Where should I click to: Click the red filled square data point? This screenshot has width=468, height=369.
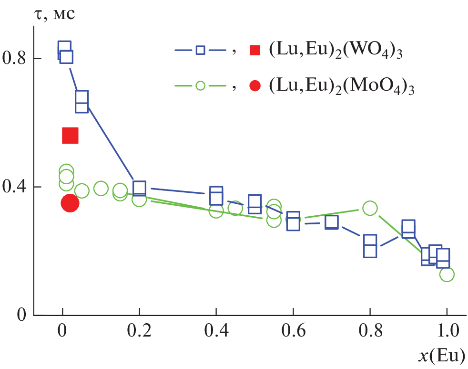[x=70, y=136]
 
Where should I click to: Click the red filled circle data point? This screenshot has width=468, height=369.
[x=70, y=203]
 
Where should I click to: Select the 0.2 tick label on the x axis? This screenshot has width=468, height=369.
[x=139, y=331]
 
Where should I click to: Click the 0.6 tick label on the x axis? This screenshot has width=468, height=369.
[x=293, y=331]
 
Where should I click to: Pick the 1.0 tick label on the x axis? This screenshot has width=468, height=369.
[x=447, y=331]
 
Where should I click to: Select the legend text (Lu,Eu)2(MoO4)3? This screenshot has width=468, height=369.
[x=341, y=87]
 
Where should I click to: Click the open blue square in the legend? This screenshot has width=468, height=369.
[x=201, y=50]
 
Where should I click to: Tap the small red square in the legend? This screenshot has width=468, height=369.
[x=255, y=50]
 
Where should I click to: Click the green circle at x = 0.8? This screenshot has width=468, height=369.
[x=370, y=208]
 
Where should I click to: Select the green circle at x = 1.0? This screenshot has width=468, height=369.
[x=447, y=274]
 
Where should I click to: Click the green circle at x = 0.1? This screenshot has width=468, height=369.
[x=101, y=189]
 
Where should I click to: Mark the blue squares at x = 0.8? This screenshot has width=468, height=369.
[x=370, y=246]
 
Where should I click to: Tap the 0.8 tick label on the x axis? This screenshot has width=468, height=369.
[x=370, y=331]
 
